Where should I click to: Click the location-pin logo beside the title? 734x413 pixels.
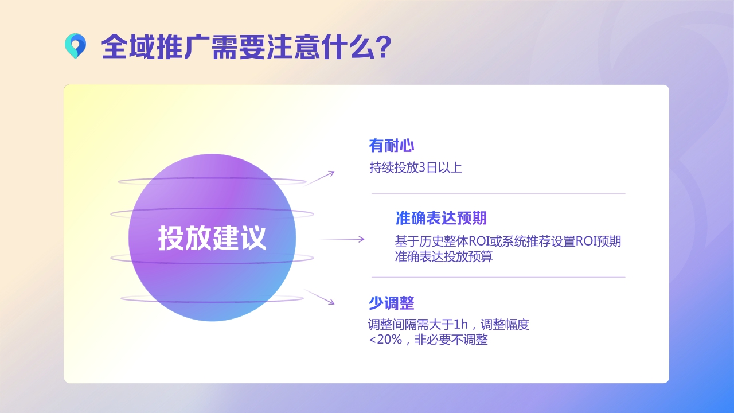[75, 46]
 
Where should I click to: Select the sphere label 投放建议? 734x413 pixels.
[212, 238]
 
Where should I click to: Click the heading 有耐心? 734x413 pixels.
[391, 146]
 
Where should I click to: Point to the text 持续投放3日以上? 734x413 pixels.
[415, 168]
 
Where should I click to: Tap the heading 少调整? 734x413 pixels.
[391, 303]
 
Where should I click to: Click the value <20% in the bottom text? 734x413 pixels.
[385, 340]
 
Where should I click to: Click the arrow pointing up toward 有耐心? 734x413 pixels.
[319, 178]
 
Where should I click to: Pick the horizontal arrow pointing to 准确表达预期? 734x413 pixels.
[342, 239]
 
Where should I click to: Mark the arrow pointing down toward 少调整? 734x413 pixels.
[319, 297]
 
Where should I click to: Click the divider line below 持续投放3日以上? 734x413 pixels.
[498, 194]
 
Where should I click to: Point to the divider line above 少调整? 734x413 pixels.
[498, 277]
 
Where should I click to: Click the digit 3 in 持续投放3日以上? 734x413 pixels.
[423, 168]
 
